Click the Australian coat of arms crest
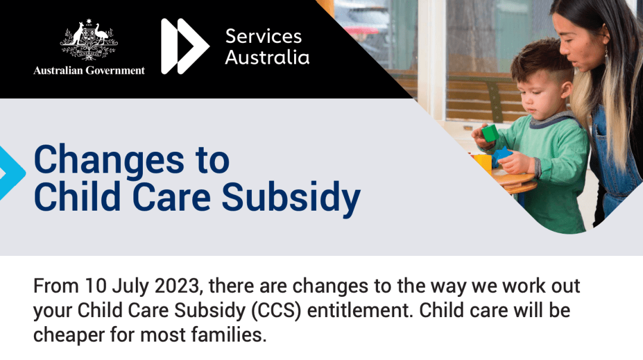coord(89,40)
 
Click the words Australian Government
coord(89,71)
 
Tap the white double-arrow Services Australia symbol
coord(185,46)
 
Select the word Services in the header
coord(264,36)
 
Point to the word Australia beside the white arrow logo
coord(267,57)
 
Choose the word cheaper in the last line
coord(69,336)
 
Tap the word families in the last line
coord(229,334)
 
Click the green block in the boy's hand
coord(490,133)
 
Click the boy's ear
coord(566,89)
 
